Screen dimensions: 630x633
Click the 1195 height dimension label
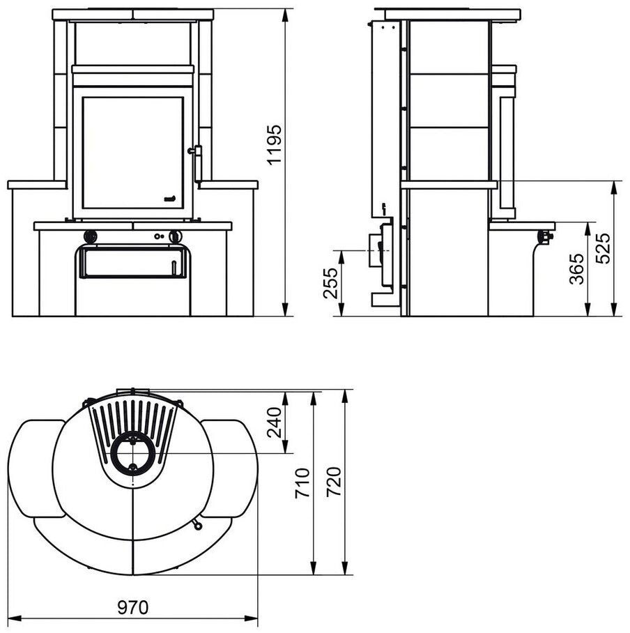(275, 144)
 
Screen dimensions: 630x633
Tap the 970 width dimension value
(133, 608)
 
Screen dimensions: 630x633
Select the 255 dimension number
(330, 283)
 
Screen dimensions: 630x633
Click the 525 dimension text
(604, 248)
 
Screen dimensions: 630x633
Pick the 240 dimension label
(275, 422)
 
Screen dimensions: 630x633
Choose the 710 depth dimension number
(302, 483)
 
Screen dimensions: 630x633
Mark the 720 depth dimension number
(335, 482)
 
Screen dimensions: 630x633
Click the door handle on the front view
(197, 164)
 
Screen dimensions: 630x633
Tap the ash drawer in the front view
(133, 262)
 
